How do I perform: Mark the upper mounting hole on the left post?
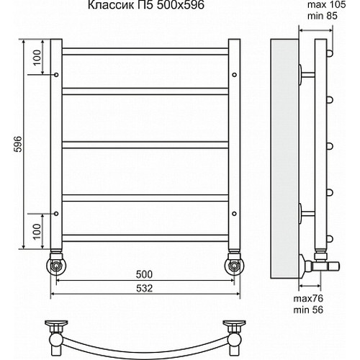tap(56, 73)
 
